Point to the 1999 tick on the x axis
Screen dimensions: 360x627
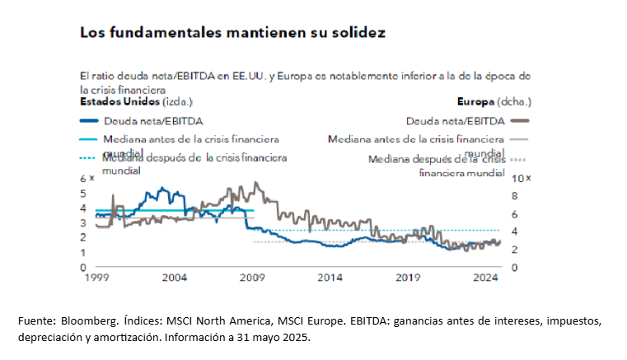[96, 278]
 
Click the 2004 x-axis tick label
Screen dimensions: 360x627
[174, 278]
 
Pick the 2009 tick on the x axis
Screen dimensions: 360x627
[252, 278]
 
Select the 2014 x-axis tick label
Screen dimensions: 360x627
[330, 278]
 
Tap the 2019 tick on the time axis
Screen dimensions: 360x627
[408, 278]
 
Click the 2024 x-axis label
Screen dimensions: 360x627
[486, 278]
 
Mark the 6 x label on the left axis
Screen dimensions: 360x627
[86, 179]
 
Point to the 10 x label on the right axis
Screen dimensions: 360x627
[522, 179]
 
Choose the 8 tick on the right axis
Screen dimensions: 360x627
[515, 196]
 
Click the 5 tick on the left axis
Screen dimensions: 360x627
[82, 194]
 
